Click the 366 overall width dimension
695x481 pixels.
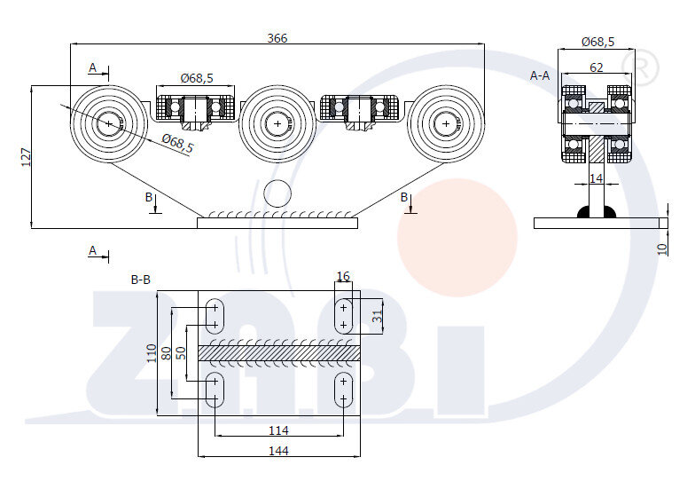pyautogui.click(x=277, y=37)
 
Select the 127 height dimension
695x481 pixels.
pyautogui.click(x=26, y=157)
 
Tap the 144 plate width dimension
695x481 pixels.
pyautogui.click(x=279, y=450)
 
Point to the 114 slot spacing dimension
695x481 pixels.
pyautogui.click(x=279, y=430)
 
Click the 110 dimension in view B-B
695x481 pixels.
pyautogui.click(x=152, y=354)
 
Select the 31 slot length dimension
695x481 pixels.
pyautogui.click(x=378, y=315)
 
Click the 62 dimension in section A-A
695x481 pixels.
pyautogui.click(x=596, y=67)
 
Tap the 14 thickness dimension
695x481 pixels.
pyautogui.click(x=596, y=178)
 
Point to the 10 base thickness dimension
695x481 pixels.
pyautogui.click(x=662, y=248)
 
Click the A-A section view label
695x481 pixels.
pyautogui.click(x=540, y=75)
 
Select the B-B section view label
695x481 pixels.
pyautogui.click(x=141, y=279)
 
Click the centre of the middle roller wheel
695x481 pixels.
pyautogui.click(x=277, y=123)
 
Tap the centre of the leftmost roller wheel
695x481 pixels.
pyautogui.click(x=110, y=123)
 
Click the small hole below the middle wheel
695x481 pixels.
pyautogui.click(x=277, y=192)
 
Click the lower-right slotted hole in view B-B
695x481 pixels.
pyautogui.click(x=344, y=390)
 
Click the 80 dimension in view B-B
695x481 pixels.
pyautogui.click(x=165, y=353)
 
